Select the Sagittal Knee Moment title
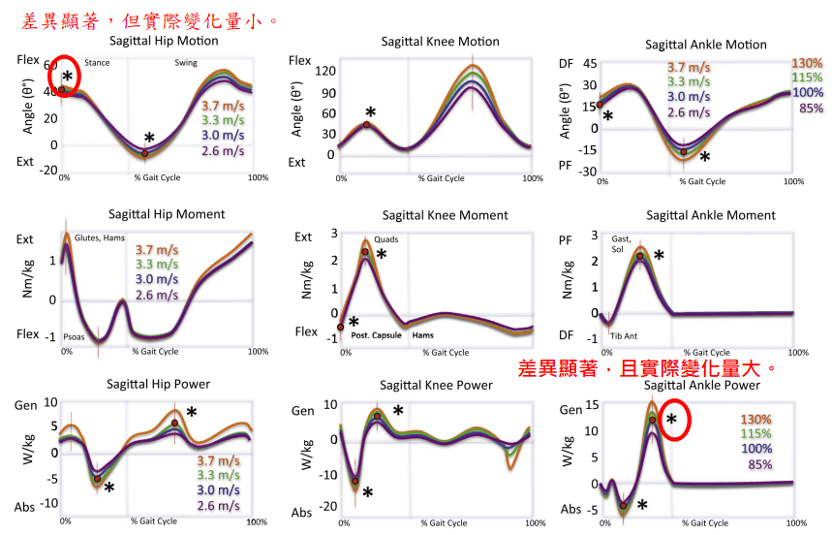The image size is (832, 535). pos(445,215)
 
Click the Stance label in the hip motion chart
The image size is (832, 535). pos(97,63)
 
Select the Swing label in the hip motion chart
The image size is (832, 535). pos(186,63)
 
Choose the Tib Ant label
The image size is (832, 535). pos(624,336)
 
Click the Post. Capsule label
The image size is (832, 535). pos(371,336)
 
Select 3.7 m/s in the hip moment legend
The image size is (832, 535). pos(156,249)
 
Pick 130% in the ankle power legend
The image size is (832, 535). pos(756,419)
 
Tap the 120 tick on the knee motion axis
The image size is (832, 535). pos(325,71)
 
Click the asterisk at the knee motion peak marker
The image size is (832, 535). pos(371,112)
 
